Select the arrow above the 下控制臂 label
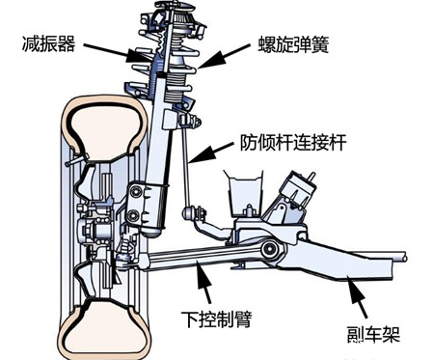pyautogui.click(x=204, y=282)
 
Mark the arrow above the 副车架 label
pyautogui.click(x=355, y=296)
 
